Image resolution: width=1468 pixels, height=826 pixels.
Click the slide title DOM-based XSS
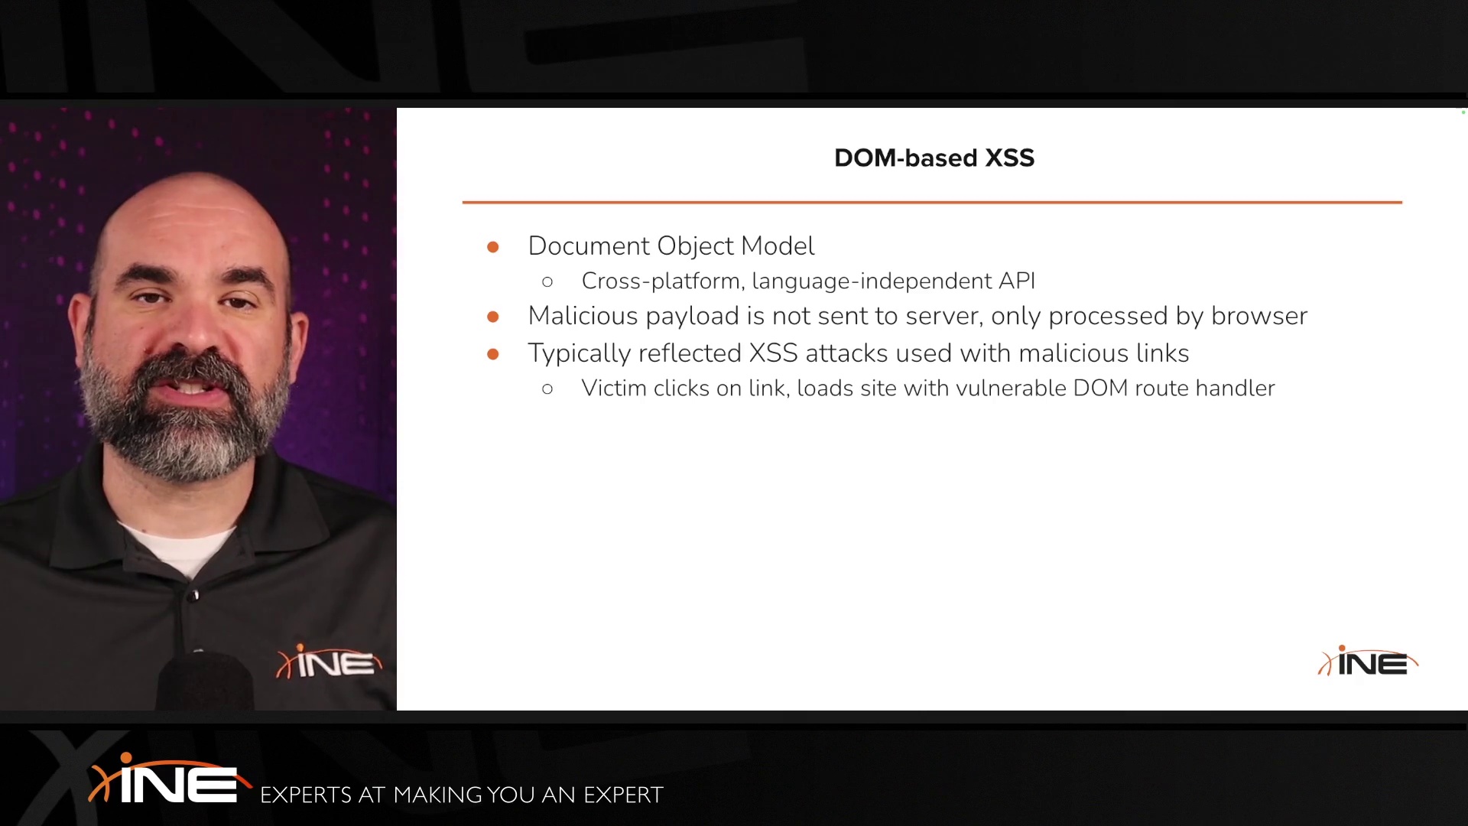pos(934,158)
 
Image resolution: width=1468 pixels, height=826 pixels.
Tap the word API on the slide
pos(1017,281)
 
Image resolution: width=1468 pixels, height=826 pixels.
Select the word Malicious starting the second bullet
pos(583,316)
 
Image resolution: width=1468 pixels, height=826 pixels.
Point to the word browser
pos(1259,316)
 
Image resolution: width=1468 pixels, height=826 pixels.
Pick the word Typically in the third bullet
pos(580,354)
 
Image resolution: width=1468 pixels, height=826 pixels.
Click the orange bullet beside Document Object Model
pos(493,247)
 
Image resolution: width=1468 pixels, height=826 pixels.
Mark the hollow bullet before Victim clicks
pos(547,389)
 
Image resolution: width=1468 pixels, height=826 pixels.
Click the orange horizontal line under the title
pos(932,202)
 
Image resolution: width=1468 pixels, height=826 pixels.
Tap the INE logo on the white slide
pos(1368,662)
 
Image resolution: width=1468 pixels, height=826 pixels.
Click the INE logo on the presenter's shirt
pos(329,662)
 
